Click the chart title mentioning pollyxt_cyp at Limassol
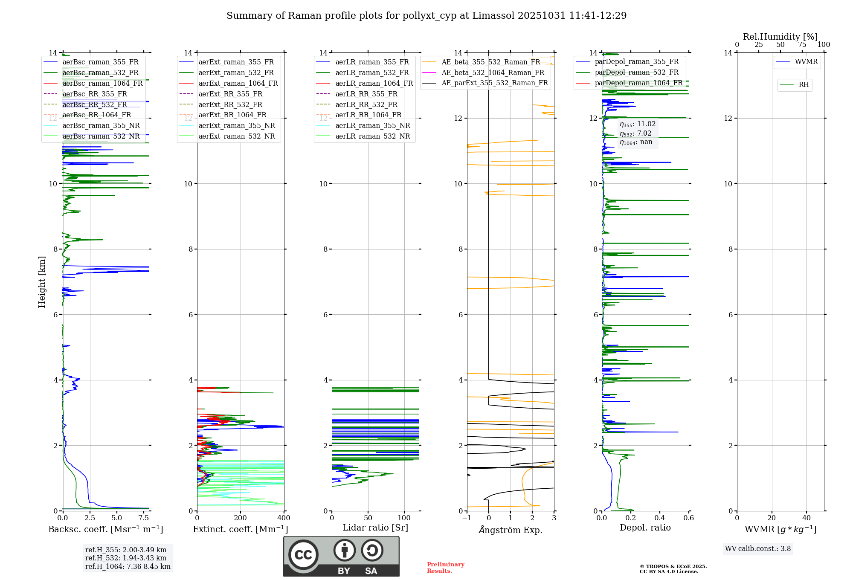click(x=426, y=16)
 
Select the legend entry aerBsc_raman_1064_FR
click(x=102, y=84)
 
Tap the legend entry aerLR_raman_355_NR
click(x=372, y=126)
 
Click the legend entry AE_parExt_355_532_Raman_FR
click(x=494, y=83)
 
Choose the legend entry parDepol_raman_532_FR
click(x=636, y=72)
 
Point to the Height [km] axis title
click(x=42, y=282)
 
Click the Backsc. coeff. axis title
click(x=106, y=529)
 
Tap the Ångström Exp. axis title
click(x=511, y=530)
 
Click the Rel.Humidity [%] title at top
click(x=780, y=37)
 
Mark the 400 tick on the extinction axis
click(x=284, y=518)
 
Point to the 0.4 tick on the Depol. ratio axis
click(x=660, y=518)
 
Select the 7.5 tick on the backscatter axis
click(x=144, y=518)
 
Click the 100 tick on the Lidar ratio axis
click(x=404, y=518)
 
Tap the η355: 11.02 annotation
click(x=638, y=124)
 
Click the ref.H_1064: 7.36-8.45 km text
click(x=128, y=567)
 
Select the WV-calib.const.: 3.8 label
click(x=758, y=549)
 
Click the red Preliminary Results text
click(x=445, y=568)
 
